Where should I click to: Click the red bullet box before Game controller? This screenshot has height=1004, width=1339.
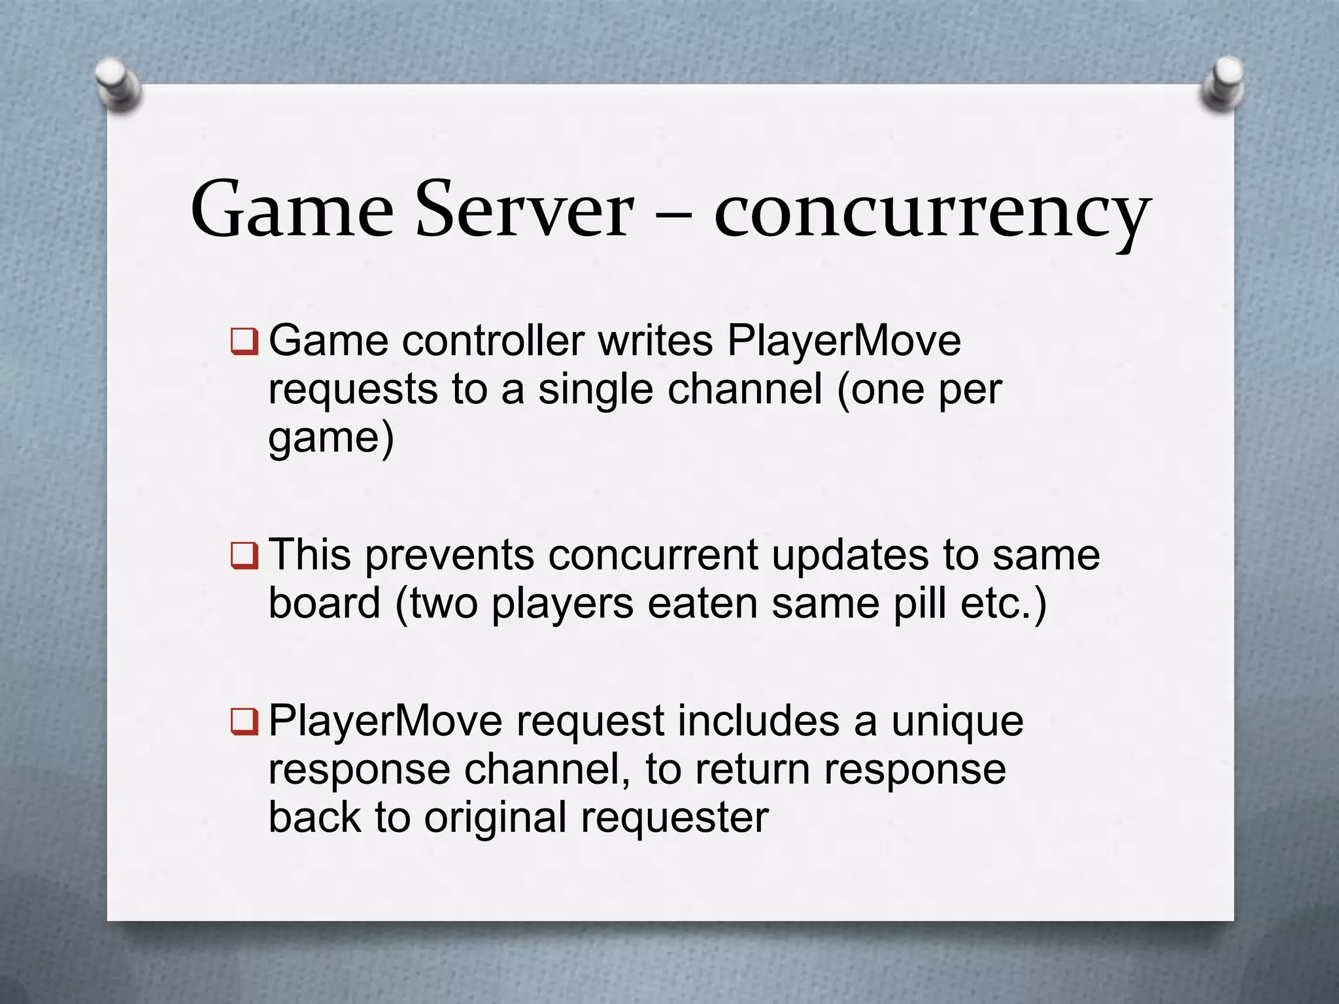(x=244, y=342)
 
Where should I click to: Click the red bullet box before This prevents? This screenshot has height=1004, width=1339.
(x=244, y=556)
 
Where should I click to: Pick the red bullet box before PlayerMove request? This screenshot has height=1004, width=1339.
(x=244, y=722)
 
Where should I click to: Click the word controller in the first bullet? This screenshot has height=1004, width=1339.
(x=493, y=341)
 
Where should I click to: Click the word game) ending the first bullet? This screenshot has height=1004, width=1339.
(x=331, y=439)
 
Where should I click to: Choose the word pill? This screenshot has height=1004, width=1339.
(x=919, y=603)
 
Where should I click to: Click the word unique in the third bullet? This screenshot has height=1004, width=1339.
(x=957, y=722)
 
